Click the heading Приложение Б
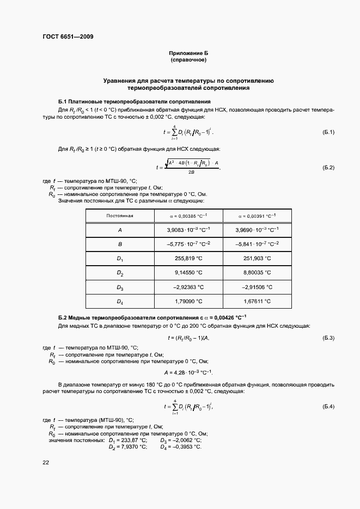point(188,53)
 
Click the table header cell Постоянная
point(120,215)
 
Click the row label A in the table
point(120,230)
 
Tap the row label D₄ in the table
point(120,301)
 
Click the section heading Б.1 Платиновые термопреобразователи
point(134,102)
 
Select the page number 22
point(46,462)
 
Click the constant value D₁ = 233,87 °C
point(128,440)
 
